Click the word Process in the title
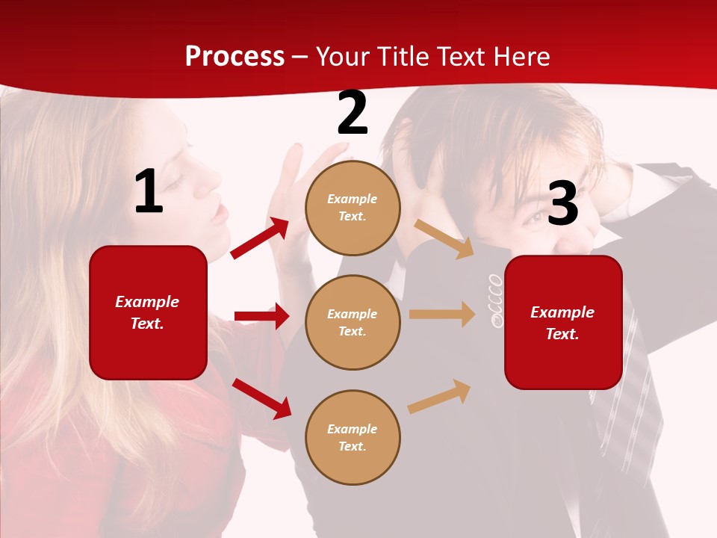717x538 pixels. [235, 57]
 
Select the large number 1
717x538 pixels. [149, 192]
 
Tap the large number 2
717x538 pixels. [353, 113]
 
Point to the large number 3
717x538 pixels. [562, 203]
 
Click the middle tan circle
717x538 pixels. [353, 322]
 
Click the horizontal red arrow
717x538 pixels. [261, 316]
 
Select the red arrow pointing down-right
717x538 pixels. [261, 398]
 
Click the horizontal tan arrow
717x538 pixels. [441, 315]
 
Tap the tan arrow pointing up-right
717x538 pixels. [439, 396]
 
